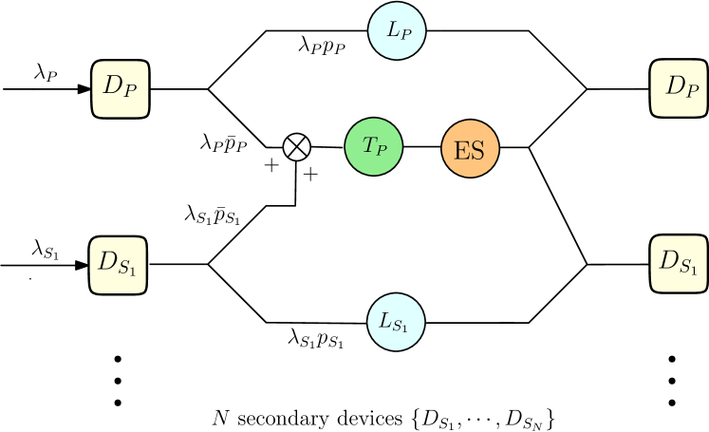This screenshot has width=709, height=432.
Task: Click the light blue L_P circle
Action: (x=397, y=30)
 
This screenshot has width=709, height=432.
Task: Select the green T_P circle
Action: (x=374, y=146)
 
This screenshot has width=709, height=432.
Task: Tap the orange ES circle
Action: (x=471, y=149)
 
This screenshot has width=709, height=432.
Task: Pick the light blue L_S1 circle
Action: (x=396, y=322)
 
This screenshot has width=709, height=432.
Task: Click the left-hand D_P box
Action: (x=121, y=89)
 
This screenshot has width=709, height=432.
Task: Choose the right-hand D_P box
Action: (x=680, y=88)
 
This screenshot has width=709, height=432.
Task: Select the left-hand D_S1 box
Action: (x=119, y=265)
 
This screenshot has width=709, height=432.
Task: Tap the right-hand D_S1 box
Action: (x=680, y=263)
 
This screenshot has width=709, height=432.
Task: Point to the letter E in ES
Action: (x=462, y=150)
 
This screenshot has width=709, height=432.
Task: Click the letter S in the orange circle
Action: (x=477, y=150)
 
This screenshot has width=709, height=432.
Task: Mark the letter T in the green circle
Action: (x=368, y=145)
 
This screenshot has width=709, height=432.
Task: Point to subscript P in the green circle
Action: (x=381, y=150)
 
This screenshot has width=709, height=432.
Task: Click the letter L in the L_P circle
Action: (x=392, y=29)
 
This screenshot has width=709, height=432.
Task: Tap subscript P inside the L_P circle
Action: (x=405, y=34)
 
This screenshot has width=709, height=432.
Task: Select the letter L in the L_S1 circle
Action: (x=385, y=321)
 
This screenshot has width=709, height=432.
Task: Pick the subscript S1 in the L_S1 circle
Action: (x=401, y=327)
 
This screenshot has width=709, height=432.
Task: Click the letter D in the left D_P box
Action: (x=113, y=85)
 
